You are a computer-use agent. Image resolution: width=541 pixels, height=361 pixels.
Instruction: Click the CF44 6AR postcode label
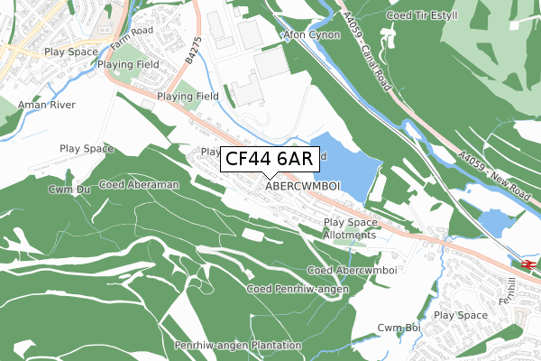tap(269, 160)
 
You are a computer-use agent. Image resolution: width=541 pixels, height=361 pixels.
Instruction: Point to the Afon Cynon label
tap(311, 35)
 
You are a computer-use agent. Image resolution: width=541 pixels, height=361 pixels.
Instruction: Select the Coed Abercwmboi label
tap(353, 270)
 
